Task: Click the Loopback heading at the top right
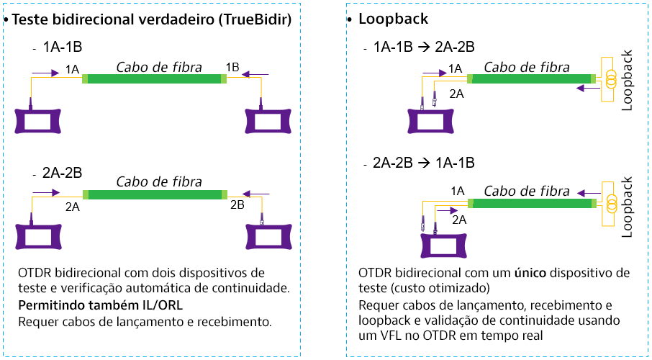click(x=394, y=19)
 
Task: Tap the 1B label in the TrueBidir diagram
click(x=232, y=67)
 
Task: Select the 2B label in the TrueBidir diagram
click(x=237, y=204)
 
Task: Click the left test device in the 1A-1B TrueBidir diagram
click(x=38, y=121)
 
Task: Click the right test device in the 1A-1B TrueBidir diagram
click(x=268, y=121)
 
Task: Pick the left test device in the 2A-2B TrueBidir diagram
click(x=38, y=236)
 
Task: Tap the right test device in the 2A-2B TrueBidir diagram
click(x=268, y=236)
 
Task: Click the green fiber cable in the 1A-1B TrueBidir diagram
click(x=154, y=78)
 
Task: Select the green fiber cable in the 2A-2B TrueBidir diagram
click(x=155, y=194)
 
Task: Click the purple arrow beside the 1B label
click(x=255, y=75)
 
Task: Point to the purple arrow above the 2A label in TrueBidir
click(x=46, y=193)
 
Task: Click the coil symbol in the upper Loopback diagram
click(x=611, y=79)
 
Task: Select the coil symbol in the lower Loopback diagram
click(x=611, y=204)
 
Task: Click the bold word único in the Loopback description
click(x=530, y=273)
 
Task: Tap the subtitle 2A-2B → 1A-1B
click(x=424, y=163)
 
